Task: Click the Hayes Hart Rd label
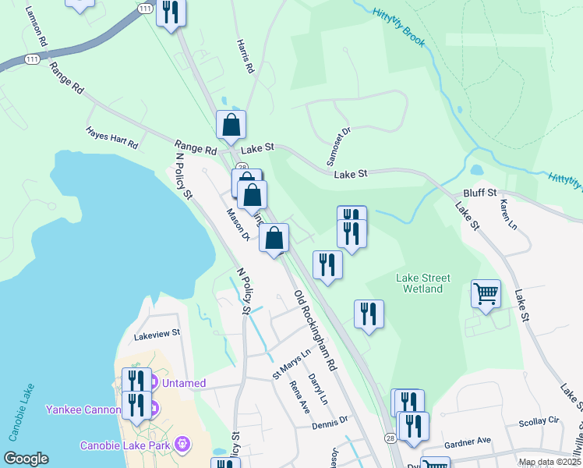[111, 140]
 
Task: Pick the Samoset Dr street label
[341, 143]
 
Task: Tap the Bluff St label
[479, 192]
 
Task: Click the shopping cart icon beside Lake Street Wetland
[486, 294]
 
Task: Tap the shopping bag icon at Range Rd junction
[231, 124]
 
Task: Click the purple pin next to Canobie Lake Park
[182, 445]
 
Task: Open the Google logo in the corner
[26, 458]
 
